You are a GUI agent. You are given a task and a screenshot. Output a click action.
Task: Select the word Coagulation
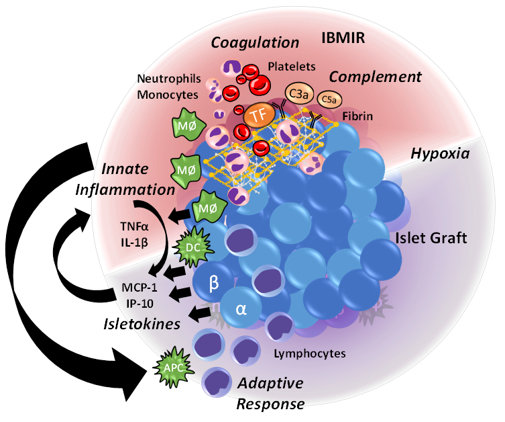255,42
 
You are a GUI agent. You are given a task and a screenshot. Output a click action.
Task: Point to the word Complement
384,77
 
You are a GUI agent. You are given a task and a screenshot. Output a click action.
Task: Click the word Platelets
290,67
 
